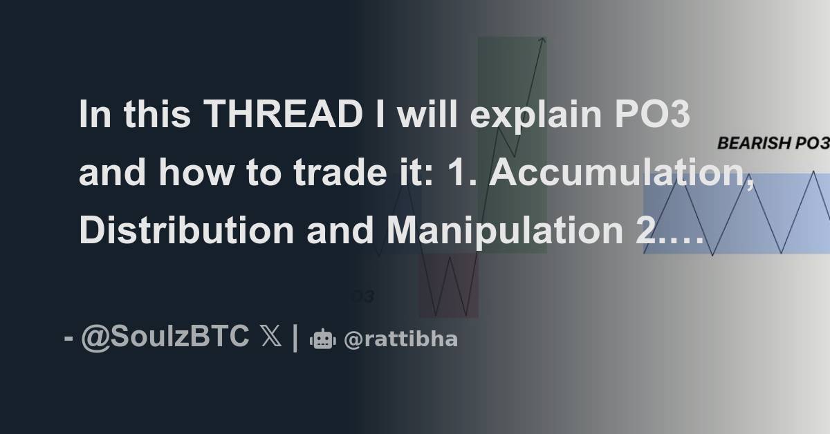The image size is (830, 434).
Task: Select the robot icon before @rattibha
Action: [x=323, y=339]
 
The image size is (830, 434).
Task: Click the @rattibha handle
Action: [x=400, y=339]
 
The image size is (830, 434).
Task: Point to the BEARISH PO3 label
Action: [x=773, y=144]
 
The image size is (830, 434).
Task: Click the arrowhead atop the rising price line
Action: [x=543, y=41]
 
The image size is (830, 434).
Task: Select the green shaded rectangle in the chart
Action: [x=512, y=83]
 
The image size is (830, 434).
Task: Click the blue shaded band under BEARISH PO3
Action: [x=737, y=214]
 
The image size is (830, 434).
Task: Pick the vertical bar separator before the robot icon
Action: [x=296, y=338]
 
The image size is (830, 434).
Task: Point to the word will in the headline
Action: [x=428, y=115]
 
